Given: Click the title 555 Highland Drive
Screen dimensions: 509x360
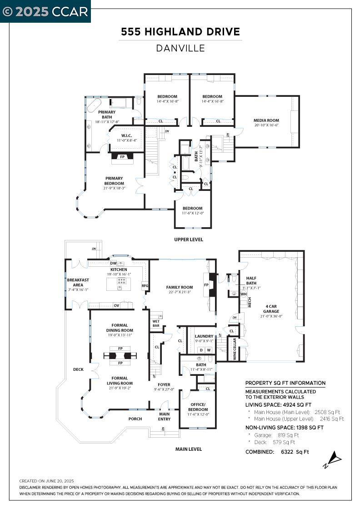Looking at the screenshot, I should (180, 32).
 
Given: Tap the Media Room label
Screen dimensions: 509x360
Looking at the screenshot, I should (266, 120).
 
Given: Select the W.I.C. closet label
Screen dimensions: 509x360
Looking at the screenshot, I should (126, 135).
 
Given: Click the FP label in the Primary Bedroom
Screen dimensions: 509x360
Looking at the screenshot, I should (122, 157).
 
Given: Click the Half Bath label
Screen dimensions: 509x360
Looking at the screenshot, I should (251, 280).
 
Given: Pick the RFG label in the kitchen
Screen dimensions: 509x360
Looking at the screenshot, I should (145, 286).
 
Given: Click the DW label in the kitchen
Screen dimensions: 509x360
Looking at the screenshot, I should (113, 264).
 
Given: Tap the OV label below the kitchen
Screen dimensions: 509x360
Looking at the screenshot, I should (116, 305).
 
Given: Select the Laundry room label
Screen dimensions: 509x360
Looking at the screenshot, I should (204, 336).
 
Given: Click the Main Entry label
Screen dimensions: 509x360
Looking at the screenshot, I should (164, 416).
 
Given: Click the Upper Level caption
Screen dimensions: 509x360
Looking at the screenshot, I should (189, 240).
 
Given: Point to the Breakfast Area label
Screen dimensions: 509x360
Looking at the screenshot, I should (78, 283).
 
